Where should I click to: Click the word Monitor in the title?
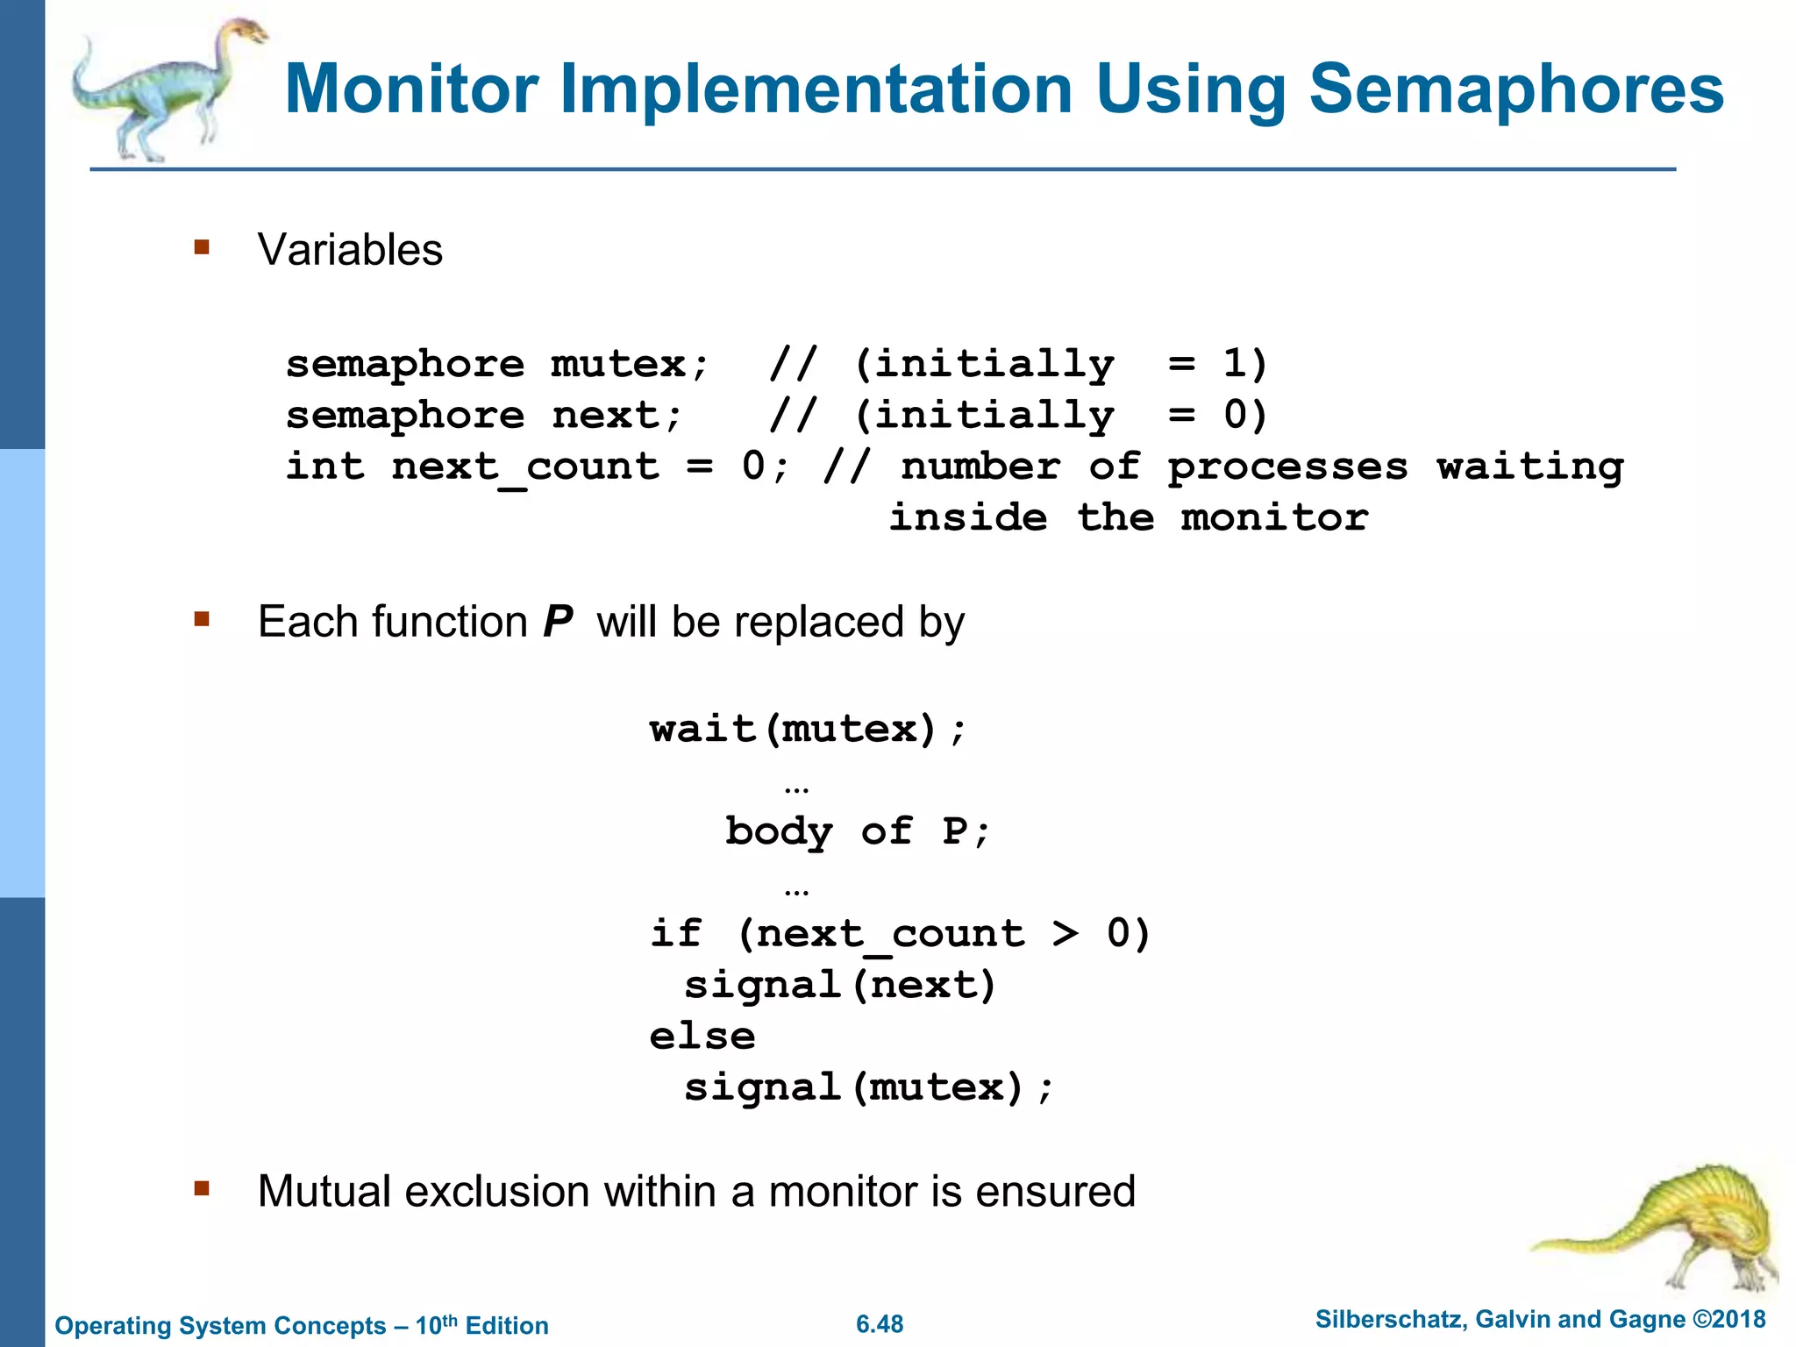[x=411, y=89]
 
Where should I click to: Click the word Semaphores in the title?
[x=1516, y=89]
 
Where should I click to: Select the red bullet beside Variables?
[x=203, y=248]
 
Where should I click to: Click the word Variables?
[x=350, y=250]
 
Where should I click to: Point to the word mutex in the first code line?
[x=618, y=364]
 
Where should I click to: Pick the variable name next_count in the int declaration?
[x=524, y=467]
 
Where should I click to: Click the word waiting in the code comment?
[x=1529, y=467]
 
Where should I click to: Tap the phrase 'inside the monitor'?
[x=1128, y=517]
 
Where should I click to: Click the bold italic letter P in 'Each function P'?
[x=558, y=622]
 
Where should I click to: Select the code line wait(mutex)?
[x=808, y=729]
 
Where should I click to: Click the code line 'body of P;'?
[x=857, y=831]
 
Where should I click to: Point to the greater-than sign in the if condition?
[x=1065, y=933]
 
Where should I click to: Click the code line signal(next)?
[x=839, y=985]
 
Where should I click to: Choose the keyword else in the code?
[x=702, y=1037]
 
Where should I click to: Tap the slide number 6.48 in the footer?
[x=880, y=1324]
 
